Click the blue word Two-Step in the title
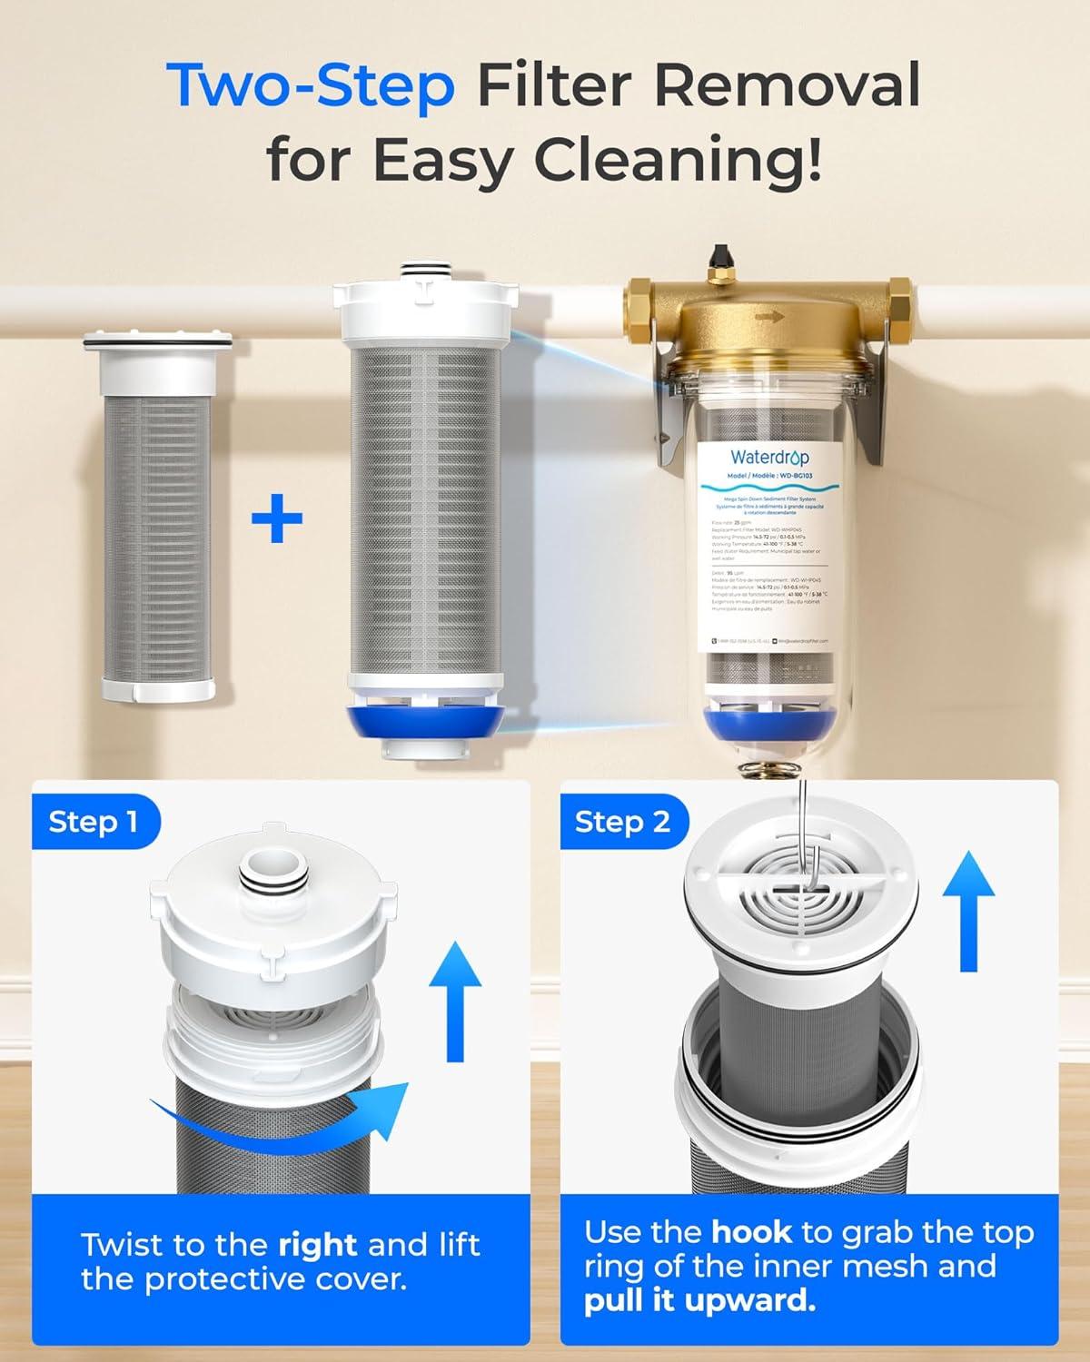tap(311, 86)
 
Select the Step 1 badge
tap(94, 822)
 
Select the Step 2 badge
tap(622, 822)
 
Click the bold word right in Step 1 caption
tap(317, 1244)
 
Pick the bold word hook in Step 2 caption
tap(752, 1232)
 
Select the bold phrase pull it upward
tap(699, 1301)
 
